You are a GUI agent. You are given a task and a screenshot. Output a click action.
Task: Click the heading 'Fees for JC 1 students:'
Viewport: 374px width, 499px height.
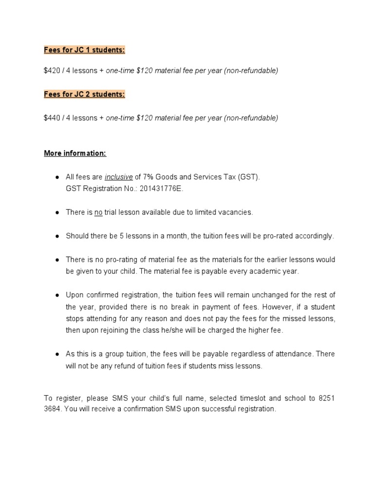pyautogui.click(x=84, y=50)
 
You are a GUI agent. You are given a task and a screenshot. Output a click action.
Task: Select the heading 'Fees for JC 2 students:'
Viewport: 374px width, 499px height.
pyautogui.click(x=84, y=94)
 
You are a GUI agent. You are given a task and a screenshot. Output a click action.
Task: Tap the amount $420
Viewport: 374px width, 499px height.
pyautogui.click(x=51, y=71)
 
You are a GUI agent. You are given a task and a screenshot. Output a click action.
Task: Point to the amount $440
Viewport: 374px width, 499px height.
pyautogui.click(x=51, y=118)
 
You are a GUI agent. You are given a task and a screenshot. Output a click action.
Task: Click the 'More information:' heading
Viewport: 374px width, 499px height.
pyautogui.click(x=75, y=154)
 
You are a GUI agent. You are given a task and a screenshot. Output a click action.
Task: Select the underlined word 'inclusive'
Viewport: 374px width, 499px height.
pyautogui.click(x=119, y=177)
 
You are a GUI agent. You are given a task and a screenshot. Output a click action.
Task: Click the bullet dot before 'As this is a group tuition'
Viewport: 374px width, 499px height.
pyautogui.click(x=56, y=354)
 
